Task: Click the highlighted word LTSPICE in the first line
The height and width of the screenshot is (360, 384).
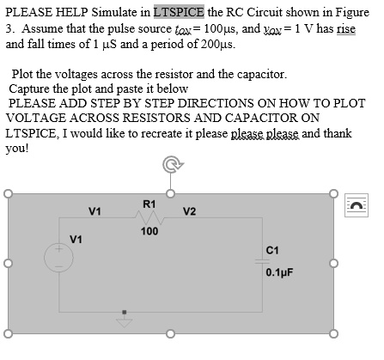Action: pyautogui.click(x=179, y=12)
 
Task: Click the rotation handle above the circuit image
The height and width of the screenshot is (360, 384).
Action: pyautogui.click(x=172, y=164)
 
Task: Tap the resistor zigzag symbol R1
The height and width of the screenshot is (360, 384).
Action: pyautogui.click(x=149, y=218)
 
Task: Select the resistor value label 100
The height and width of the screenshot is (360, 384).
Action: pyautogui.click(x=149, y=231)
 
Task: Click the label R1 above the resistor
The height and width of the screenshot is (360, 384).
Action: pyautogui.click(x=149, y=204)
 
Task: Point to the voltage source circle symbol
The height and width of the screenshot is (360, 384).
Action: pyautogui.click(x=58, y=258)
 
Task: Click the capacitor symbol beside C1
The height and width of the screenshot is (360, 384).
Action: pyautogui.click(x=262, y=261)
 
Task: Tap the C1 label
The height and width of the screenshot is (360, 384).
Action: pyautogui.click(x=272, y=250)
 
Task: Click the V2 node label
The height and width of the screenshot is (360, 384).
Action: pyautogui.click(x=189, y=211)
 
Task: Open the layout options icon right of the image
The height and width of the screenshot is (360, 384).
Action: pyautogui.click(x=357, y=205)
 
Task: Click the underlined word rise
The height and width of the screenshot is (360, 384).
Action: pyautogui.click(x=346, y=29)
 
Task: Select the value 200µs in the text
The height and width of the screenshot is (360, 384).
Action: pyautogui.click(x=217, y=44)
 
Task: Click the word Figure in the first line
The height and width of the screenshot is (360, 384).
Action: pyautogui.click(x=352, y=13)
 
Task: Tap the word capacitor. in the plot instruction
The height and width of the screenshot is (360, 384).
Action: pyautogui.click(x=261, y=75)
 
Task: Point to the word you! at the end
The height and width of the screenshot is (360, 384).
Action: pyautogui.click(x=17, y=149)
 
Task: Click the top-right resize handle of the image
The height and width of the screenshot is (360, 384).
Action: pyautogui.click(x=333, y=194)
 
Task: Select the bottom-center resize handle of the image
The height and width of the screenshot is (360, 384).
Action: pyautogui.click(x=170, y=334)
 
